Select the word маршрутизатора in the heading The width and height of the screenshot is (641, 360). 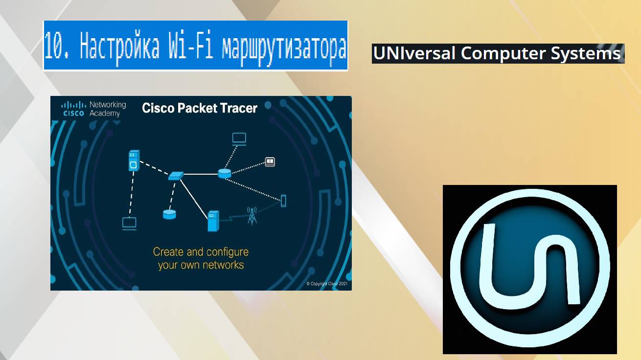[284, 46]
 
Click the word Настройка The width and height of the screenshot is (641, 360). [119, 46]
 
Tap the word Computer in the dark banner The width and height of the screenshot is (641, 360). [503, 53]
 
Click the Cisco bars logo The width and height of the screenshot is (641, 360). [73, 108]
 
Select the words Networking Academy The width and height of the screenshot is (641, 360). [108, 109]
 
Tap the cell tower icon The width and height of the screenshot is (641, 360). [252, 216]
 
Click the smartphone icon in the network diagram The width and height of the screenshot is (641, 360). [283, 201]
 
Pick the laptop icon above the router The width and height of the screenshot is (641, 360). [239, 138]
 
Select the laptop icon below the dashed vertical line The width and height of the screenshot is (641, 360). [129, 224]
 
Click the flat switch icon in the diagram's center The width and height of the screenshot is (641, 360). [176, 175]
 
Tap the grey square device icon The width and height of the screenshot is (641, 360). [270, 161]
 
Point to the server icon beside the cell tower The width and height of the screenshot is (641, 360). [213, 221]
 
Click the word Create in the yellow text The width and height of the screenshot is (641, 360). [168, 252]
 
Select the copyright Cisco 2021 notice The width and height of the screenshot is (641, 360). [327, 284]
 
